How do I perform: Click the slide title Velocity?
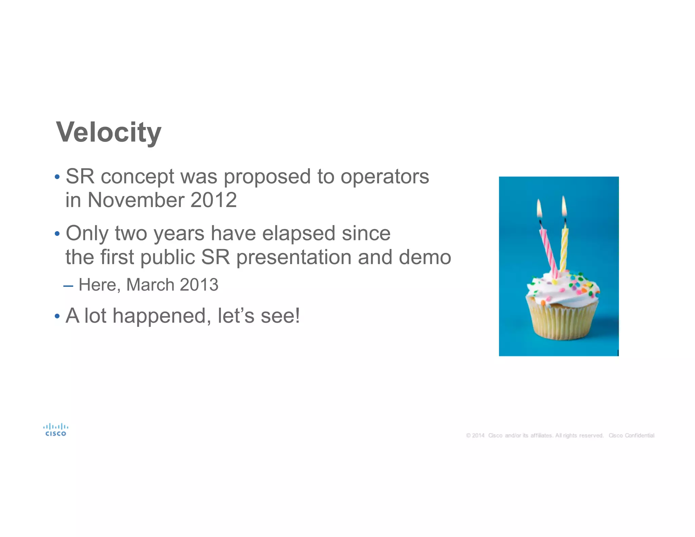pyautogui.click(x=109, y=132)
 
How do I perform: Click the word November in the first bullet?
pyautogui.click(x=136, y=200)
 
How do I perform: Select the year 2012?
pyautogui.click(x=213, y=200)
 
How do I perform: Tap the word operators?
pyautogui.click(x=384, y=177)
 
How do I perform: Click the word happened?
pyautogui.click(x=159, y=316)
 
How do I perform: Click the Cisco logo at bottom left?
pyautogui.click(x=56, y=430)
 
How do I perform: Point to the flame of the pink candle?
pyautogui.click(x=539, y=209)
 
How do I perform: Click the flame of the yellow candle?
pyautogui.click(x=564, y=206)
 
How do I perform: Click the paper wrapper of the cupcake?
pyautogui.click(x=563, y=322)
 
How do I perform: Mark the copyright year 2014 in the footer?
pyautogui.click(x=478, y=436)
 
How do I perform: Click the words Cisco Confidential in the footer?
pyautogui.click(x=631, y=436)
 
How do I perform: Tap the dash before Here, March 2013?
pyautogui.click(x=68, y=286)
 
